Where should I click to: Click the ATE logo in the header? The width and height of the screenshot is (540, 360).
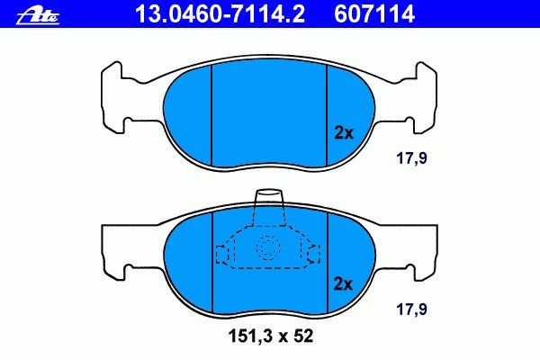coord(38,16)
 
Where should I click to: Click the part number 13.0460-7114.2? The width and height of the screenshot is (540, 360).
coord(220,13)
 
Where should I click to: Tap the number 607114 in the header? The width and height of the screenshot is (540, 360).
coord(374,13)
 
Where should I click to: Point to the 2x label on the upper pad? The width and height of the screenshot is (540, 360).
coord(344,132)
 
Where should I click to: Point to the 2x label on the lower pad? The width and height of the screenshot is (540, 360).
coord(344,284)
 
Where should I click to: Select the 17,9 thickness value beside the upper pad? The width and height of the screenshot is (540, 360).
coord(411,158)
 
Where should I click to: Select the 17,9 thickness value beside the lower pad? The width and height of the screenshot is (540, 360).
coord(411,310)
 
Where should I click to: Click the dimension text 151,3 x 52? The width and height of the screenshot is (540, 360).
coord(271,337)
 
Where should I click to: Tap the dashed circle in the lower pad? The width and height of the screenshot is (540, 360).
coord(268,247)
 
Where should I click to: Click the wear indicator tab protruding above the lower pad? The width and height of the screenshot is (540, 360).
coord(269,197)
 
